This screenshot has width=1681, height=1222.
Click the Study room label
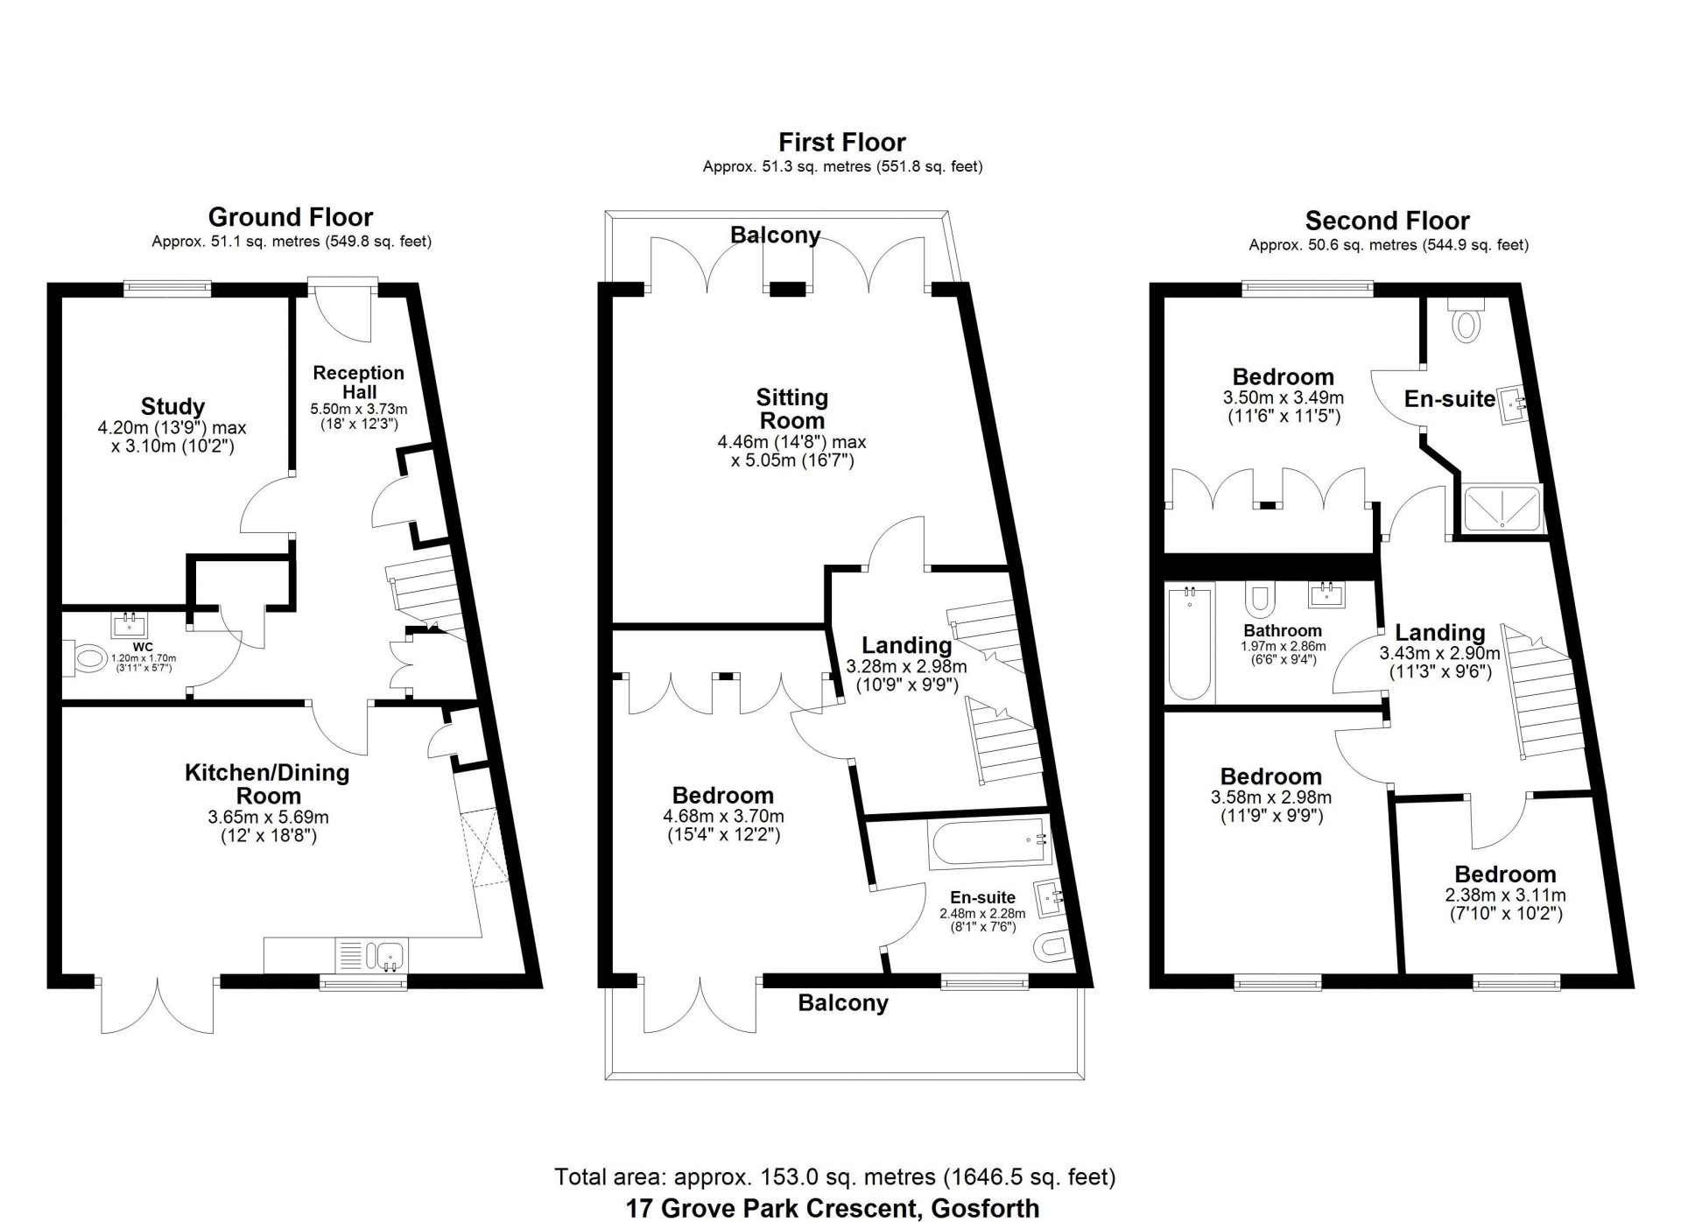[172, 406]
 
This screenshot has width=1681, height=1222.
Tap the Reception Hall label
[358, 382]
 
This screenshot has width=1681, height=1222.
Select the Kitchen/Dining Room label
[267, 783]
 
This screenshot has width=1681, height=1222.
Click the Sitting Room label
[791, 409]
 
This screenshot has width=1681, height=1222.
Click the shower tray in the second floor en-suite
[1502, 509]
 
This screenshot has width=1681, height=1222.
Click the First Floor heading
[841, 142]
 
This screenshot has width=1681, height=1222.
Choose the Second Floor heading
[1387, 221]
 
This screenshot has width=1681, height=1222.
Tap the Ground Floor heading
[291, 217]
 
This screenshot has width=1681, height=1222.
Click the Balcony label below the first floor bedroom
[842, 1003]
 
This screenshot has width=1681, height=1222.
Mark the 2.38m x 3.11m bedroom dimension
[1504, 895]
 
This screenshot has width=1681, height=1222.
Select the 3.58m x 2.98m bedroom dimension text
[1270, 797]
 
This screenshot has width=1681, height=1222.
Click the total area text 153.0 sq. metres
[834, 1177]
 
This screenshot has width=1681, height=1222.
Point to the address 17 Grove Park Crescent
[832, 1209]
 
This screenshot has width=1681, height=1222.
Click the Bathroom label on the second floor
[1283, 630]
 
